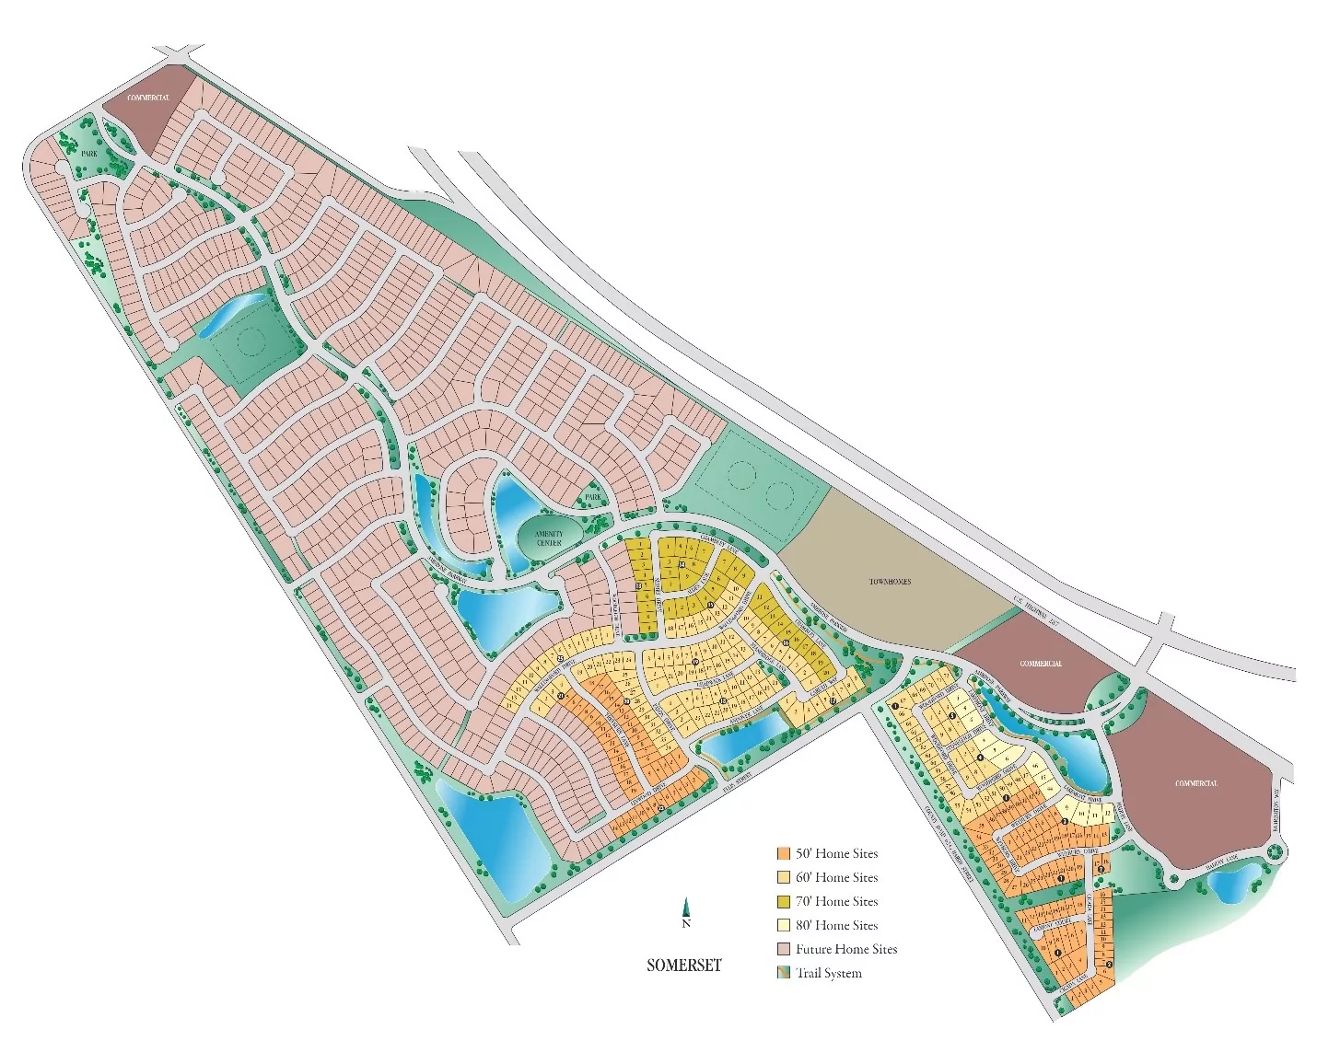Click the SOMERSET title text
683,966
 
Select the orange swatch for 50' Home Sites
784,853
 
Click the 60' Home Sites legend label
836,877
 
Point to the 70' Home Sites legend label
836,901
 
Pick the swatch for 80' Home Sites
784,925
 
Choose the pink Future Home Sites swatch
784,949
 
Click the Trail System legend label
829,973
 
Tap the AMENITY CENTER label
549,538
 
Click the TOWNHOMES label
890,582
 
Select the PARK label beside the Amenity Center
593,497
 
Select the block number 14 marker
682,565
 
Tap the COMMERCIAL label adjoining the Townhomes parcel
1041,664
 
